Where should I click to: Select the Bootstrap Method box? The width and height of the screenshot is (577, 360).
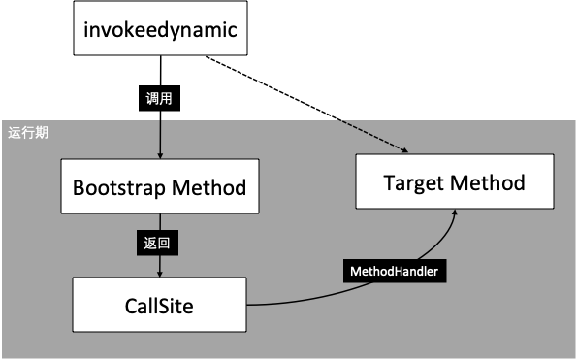[159, 186]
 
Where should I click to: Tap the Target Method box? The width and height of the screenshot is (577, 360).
[454, 182]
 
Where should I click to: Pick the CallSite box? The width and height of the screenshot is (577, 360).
[159, 306]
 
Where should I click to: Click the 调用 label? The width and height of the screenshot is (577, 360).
[159, 98]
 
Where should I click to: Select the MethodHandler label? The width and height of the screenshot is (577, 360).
[395, 272]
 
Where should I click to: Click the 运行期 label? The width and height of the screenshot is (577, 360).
[28, 133]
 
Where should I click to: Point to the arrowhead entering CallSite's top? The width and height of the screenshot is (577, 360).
[159, 274]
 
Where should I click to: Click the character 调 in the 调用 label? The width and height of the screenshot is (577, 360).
[152, 98]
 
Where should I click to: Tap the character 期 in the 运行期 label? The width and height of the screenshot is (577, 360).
[42, 133]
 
